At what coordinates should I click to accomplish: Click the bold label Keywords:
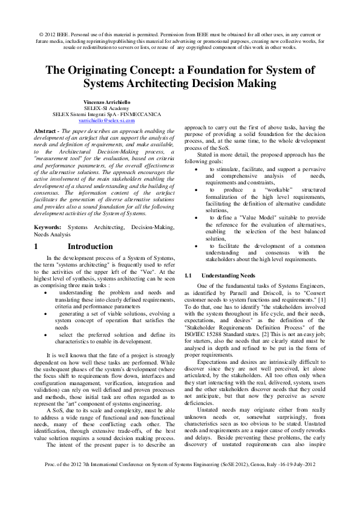click(x=49, y=225)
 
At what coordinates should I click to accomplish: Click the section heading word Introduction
click(x=90, y=247)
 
